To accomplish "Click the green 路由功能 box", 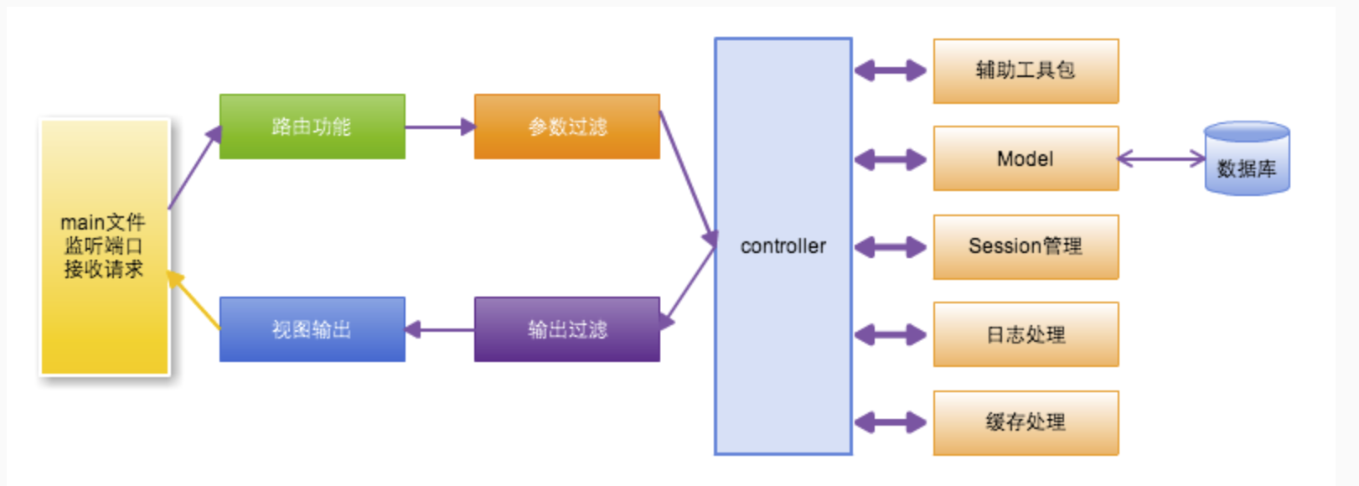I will (x=312, y=127).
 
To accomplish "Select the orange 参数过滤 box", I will (x=566, y=127).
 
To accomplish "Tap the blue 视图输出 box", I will (x=312, y=329).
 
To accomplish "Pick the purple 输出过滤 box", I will (x=566, y=329).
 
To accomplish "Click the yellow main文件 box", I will (x=104, y=246).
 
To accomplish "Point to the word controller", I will (x=783, y=246).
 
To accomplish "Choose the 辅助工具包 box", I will (x=1026, y=70).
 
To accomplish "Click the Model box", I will (x=1026, y=158).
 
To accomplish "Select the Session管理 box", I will (x=1026, y=246).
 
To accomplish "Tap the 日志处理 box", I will (x=1026, y=334).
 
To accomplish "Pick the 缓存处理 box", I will (x=1026, y=422).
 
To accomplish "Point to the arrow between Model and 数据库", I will (x=1161, y=158).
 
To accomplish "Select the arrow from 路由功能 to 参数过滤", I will (x=440, y=127).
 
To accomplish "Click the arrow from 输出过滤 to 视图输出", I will (x=440, y=329).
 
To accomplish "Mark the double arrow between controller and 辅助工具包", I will (x=891, y=70).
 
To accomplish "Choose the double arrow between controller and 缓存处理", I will (x=891, y=422).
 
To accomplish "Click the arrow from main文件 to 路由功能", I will (x=194, y=168).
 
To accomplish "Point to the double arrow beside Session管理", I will (x=891, y=247).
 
